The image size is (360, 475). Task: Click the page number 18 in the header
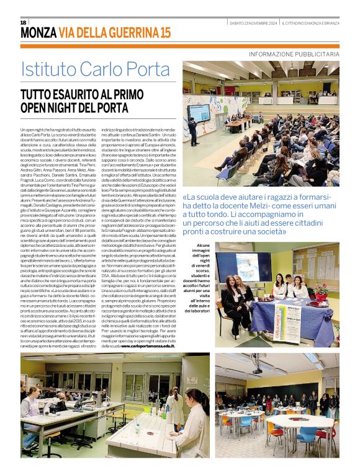pyautogui.click(x=24, y=22)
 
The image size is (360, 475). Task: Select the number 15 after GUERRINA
pyautogui.click(x=164, y=33)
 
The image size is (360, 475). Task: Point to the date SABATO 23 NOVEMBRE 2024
pyautogui.click(x=253, y=23)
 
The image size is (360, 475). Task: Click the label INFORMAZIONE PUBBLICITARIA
pyautogui.click(x=294, y=55)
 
